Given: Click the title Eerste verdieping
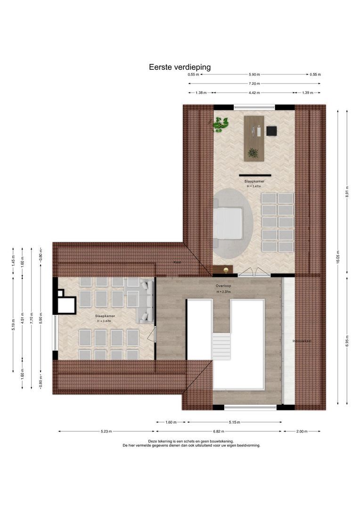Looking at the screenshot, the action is pos(180,67).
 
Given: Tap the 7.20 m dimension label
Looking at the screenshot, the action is pos(254,84).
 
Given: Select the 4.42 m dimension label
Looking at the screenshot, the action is pos(254,93).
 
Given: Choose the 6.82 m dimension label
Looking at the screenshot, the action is pos(219,431).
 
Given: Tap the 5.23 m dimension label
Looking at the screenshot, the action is pos(106,431).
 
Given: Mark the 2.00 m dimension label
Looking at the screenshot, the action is pos(302,431).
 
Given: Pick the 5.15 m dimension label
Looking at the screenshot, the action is pos(234,422).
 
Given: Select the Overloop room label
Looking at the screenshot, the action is pos(223,287).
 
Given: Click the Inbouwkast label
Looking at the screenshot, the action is pos(302,341).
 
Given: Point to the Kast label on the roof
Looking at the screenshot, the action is pos(177,262).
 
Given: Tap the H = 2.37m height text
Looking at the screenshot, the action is pos(224,292).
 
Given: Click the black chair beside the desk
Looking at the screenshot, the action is pos(271,131).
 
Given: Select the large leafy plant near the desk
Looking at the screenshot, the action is pos(221,124).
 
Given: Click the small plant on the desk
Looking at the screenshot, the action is pos(253,153).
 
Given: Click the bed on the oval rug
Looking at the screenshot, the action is pos(228,222).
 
